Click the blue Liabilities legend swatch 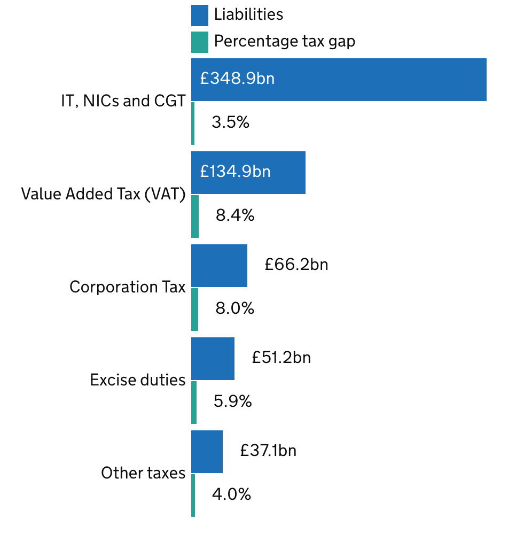click(199, 15)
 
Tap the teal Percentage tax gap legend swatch click(199, 42)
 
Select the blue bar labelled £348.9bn click(339, 79)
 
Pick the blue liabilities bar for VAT click(248, 172)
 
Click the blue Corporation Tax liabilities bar click(219, 265)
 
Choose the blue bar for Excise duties click(213, 358)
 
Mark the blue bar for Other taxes click(207, 451)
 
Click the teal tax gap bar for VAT click(195, 216)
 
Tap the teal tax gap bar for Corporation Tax click(194, 309)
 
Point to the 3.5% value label click(230, 122)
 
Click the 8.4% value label click(235, 215)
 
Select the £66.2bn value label click(296, 264)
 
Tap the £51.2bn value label click(281, 357)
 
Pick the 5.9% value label click(232, 401)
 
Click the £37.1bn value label click(268, 450)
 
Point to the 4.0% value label click(231, 494)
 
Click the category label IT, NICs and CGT click(123, 101)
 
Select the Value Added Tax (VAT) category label click(103, 194)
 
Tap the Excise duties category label click(138, 380)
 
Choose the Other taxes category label click(143, 473)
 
